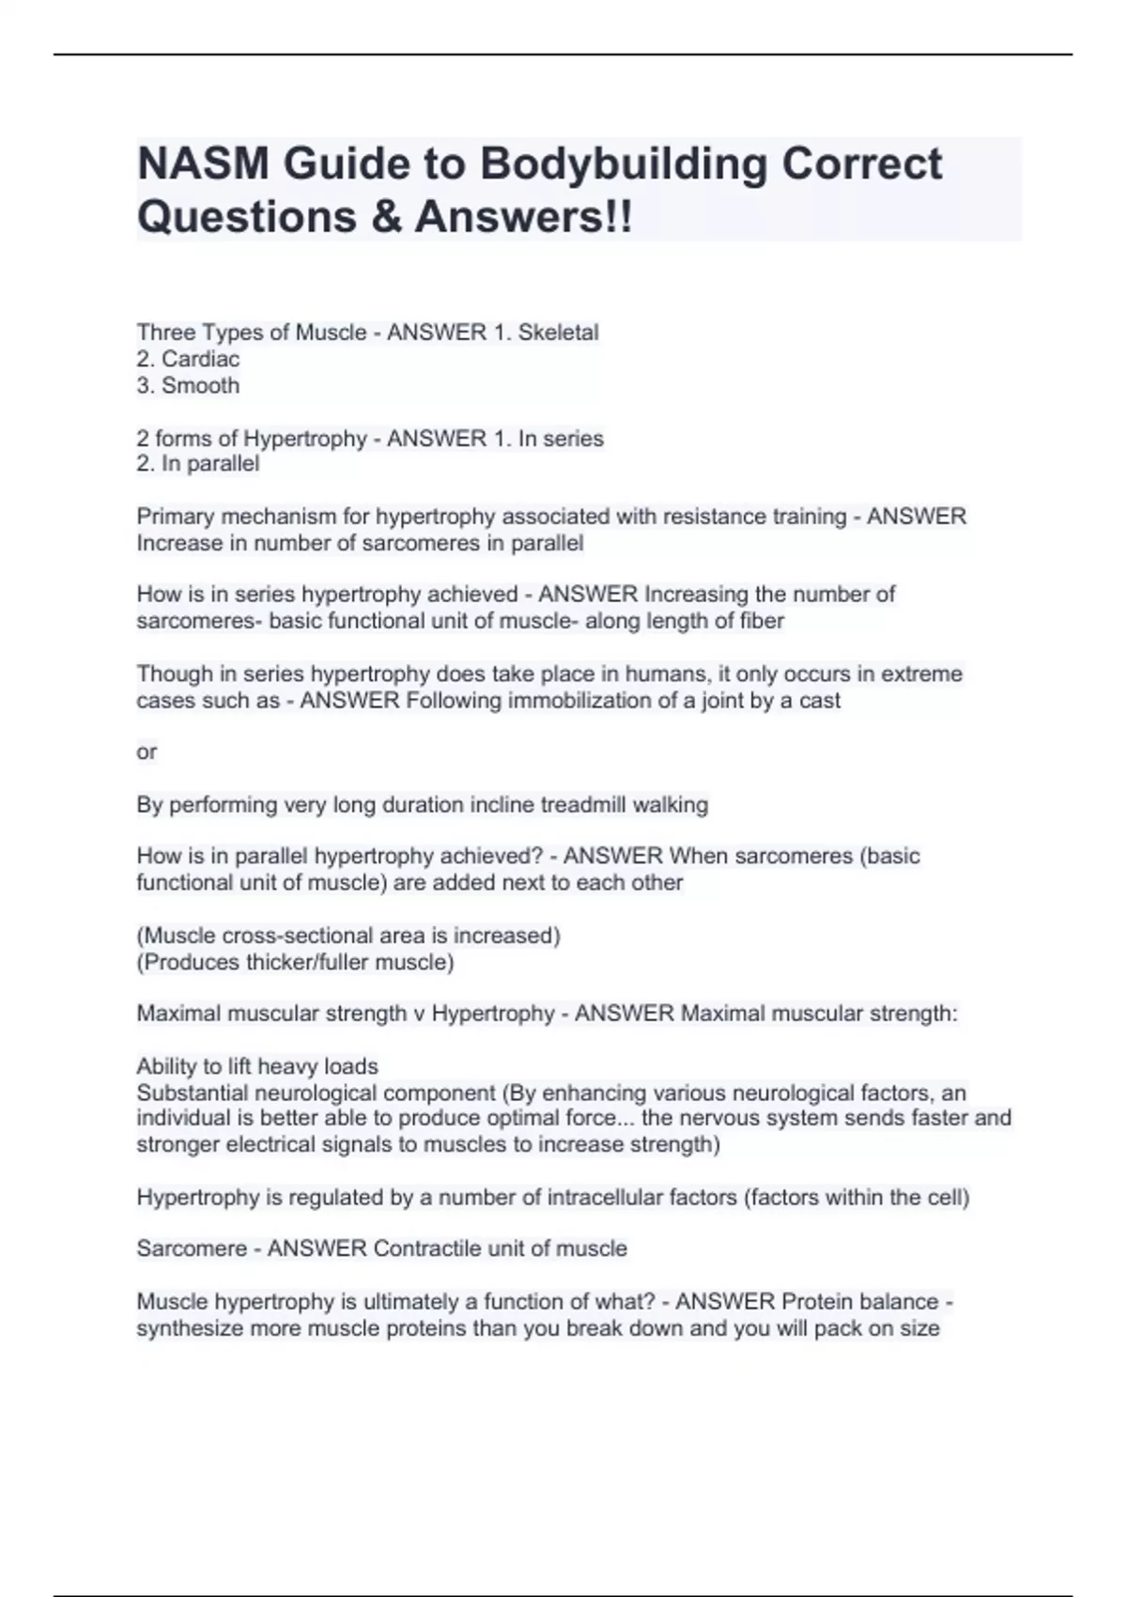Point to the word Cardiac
click(200, 359)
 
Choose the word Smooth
click(200, 385)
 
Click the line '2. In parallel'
click(197, 464)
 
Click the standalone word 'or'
click(147, 752)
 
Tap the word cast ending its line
click(820, 701)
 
